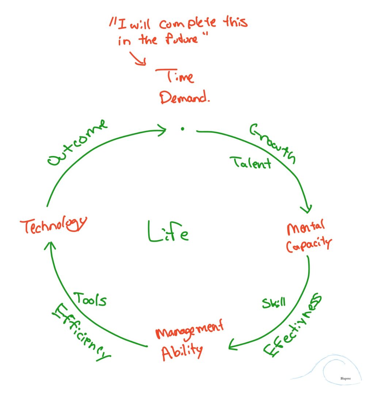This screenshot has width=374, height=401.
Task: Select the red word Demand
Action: click(185, 97)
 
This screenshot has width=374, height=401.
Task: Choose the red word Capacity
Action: click(309, 246)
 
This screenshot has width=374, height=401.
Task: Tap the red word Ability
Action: click(182, 352)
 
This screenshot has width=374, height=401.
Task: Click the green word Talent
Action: click(250, 162)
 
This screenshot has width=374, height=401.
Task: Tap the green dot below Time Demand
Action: click(182, 128)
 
